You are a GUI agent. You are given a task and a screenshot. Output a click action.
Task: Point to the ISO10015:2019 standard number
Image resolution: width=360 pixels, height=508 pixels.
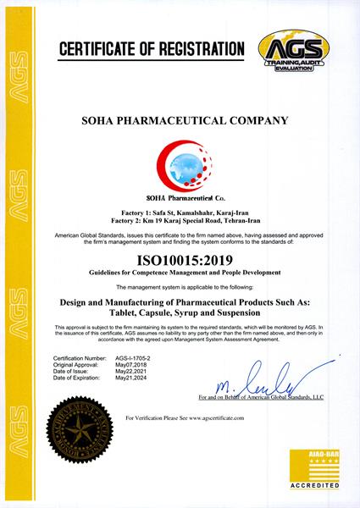(x=180, y=261)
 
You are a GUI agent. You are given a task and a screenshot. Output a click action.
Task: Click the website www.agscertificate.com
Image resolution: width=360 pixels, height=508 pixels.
(x=213, y=419)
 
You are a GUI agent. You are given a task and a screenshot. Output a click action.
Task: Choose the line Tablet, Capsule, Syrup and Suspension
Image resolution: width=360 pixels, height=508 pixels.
(x=180, y=313)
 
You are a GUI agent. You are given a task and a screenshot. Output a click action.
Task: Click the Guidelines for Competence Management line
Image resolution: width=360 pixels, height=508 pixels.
(x=180, y=274)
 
